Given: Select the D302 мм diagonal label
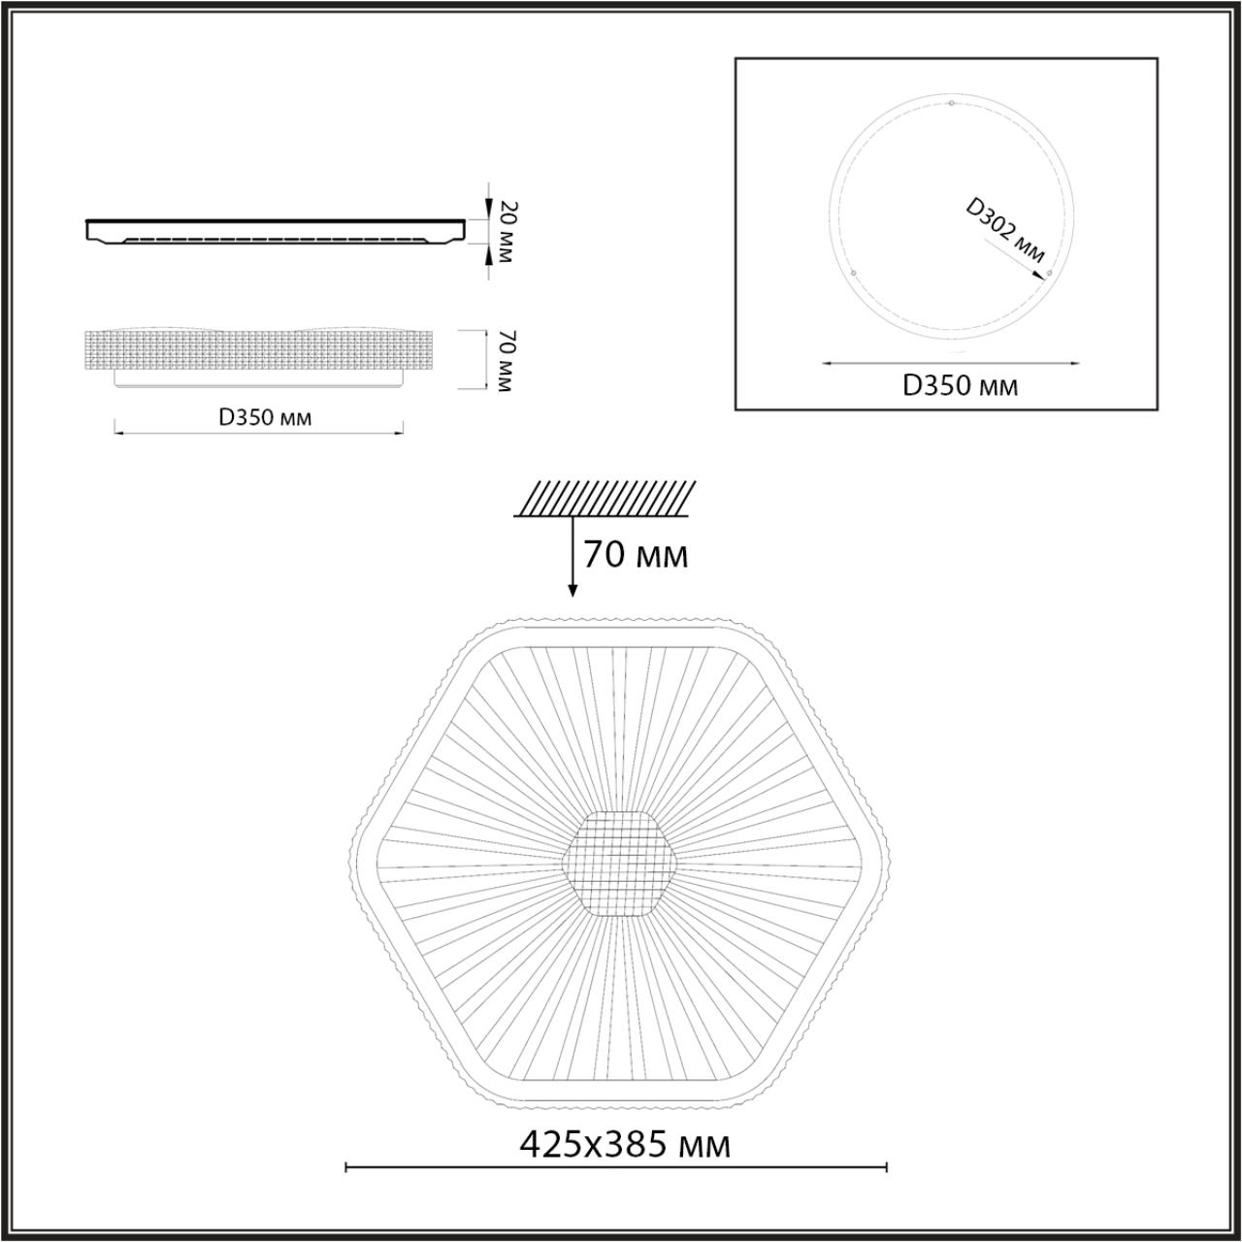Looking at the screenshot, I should (x=1005, y=231).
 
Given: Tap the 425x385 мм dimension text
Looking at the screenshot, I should (x=625, y=1145).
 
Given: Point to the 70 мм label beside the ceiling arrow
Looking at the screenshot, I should (x=636, y=555).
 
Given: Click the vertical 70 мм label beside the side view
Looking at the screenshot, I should (x=503, y=361).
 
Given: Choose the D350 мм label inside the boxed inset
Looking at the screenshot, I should (x=961, y=386).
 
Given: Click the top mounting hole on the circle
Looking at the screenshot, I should (x=952, y=103).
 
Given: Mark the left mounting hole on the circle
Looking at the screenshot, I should (x=853, y=274).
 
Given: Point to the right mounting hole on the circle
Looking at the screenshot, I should (x=1049, y=275).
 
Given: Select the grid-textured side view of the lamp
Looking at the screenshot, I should (x=262, y=351).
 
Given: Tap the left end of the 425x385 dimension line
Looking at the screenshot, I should (x=346, y=1166).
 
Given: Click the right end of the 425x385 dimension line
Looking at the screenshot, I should (x=887, y=1166).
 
